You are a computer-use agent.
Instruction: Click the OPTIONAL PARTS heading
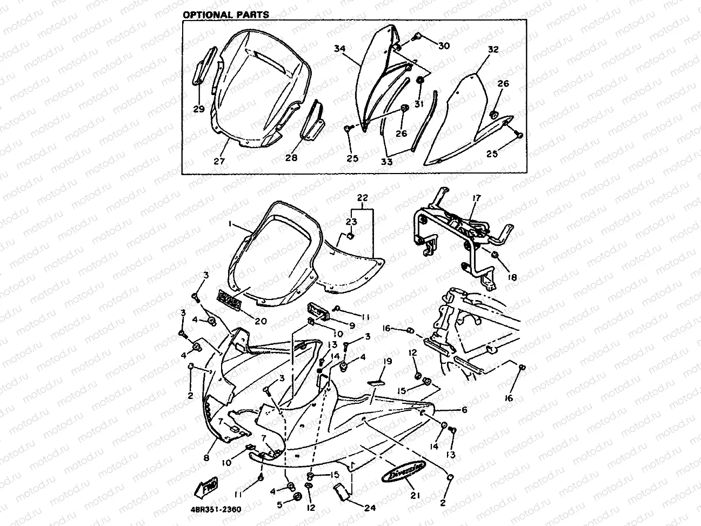pyautogui.click(x=225, y=15)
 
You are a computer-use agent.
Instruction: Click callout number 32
pyautogui.click(x=492, y=50)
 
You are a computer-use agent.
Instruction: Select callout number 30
pyautogui.click(x=443, y=46)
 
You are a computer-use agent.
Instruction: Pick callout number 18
pyautogui.click(x=512, y=277)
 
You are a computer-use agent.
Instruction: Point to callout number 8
pyautogui.click(x=205, y=457)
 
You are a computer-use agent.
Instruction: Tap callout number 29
pyautogui.click(x=198, y=109)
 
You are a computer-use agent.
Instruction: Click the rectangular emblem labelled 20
pyautogui.click(x=229, y=299)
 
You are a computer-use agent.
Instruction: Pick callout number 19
pyautogui.click(x=387, y=362)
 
